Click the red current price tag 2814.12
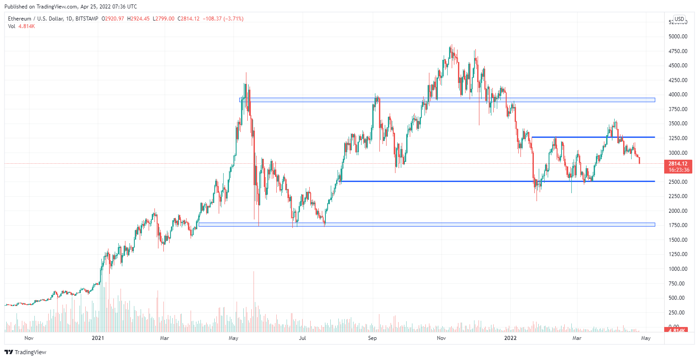click(x=677, y=164)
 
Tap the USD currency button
click(x=679, y=19)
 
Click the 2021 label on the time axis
click(x=98, y=338)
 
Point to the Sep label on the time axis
click(x=372, y=338)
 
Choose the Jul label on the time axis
click(x=302, y=338)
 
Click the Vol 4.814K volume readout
click(x=21, y=26)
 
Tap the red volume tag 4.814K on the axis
click(x=677, y=330)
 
